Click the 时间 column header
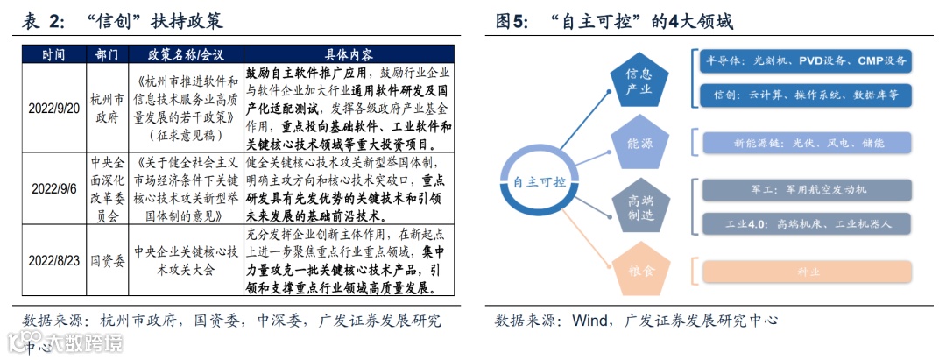coord(53,53)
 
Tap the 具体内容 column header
coord(348,53)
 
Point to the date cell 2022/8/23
coord(53,260)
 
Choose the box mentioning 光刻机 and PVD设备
coord(807,61)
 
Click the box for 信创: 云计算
coord(807,94)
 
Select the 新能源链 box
coord(807,142)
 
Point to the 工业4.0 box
coord(807,223)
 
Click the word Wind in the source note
coord(591,321)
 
